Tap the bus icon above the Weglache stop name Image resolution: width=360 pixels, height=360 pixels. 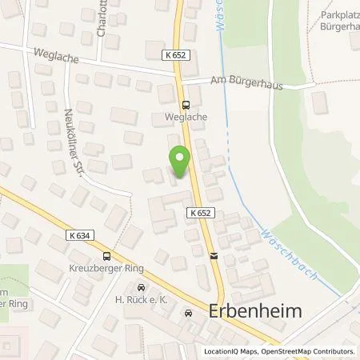click(x=186, y=104)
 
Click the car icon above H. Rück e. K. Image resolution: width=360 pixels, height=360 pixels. click(x=142, y=287)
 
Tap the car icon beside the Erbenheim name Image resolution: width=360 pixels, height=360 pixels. click(x=189, y=314)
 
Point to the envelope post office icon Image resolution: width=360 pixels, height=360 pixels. click(x=214, y=256)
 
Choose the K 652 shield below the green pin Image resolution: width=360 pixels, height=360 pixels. click(x=201, y=213)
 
